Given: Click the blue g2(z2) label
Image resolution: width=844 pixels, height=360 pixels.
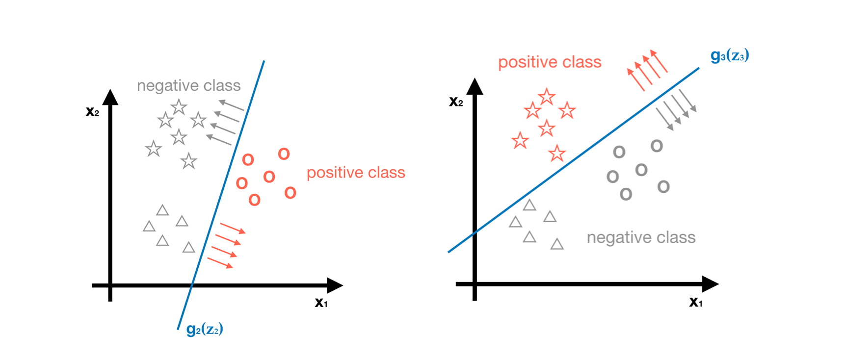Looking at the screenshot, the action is click(x=205, y=329).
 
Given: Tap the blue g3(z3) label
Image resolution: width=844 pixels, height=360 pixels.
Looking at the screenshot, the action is click(x=729, y=55).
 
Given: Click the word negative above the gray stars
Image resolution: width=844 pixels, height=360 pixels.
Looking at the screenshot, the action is click(x=163, y=86).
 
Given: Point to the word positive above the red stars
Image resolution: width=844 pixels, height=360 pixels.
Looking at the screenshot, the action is click(x=527, y=62).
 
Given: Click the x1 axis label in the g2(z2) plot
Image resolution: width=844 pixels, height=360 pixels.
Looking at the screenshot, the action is click(x=321, y=303).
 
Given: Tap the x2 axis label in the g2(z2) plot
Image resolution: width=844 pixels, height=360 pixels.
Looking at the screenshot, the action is click(x=92, y=112).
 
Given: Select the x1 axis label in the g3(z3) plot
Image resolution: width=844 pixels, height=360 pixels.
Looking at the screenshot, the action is click(x=695, y=302).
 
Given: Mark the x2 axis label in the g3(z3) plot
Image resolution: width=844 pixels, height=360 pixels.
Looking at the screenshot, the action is click(x=456, y=102).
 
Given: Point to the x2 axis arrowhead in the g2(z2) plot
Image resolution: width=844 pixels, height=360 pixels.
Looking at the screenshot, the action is click(x=110, y=97).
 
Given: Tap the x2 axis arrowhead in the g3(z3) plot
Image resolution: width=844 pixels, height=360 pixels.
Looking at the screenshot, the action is click(x=475, y=87).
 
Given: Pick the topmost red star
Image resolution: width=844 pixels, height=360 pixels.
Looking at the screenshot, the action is click(x=546, y=97).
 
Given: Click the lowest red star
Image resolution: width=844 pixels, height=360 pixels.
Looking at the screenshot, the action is click(x=556, y=154).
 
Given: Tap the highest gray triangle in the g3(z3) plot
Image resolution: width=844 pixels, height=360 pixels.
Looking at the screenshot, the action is click(x=529, y=205).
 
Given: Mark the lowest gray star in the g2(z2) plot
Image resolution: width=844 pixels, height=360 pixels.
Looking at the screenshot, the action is click(x=188, y=161).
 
